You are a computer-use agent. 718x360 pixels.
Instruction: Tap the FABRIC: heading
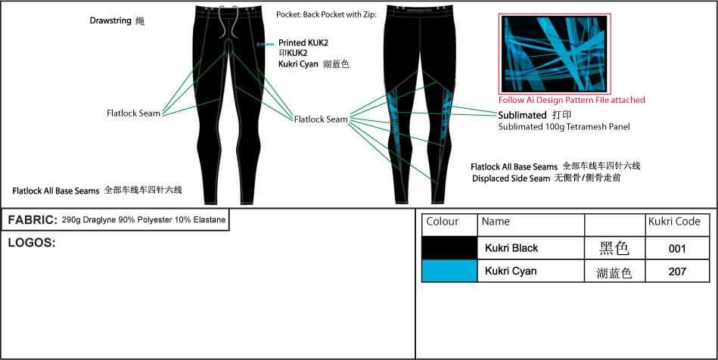pyautogui.click(x=33, y=220)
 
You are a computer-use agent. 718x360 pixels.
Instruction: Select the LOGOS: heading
pyautogui.click(x=31, y=243)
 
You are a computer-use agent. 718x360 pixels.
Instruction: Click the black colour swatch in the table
pyautogui.click(x=449, y=248)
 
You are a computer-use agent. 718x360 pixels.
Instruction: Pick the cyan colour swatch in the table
pyautogui.click(x=449, y=271)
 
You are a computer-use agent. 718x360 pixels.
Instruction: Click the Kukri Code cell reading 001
pyautogui.click(x=677, y=248)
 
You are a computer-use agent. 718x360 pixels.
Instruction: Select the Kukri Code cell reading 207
pyautogui.click(x=677, y=271)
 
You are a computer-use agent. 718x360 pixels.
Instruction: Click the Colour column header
pyautogui.click(x=443, y=222)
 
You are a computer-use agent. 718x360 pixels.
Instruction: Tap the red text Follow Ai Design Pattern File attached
pyautogui.click(x=571, y=100)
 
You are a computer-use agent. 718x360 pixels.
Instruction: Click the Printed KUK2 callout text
pyautogui.click(x=303, y=43)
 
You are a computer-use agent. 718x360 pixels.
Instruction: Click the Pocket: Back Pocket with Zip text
pyautogui.click(x=328, y=14)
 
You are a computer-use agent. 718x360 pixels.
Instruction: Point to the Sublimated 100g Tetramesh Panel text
pyautogui.click(x=564, y=127)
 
